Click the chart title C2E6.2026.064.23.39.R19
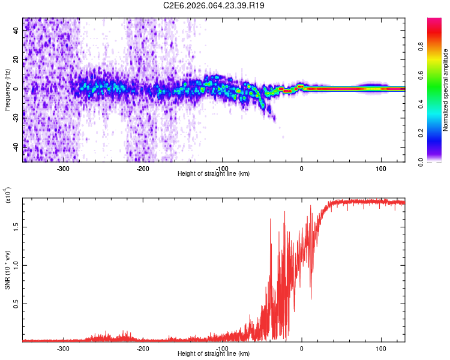(x=214, y=5)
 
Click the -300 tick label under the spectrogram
(x=64, y=169)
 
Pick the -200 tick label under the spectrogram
(x=143, y=169)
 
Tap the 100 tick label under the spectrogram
(x=380, y=169)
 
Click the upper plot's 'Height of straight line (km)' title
(x=214, y=174)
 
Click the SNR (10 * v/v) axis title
(x=7, y=269)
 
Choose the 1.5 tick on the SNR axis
(x=16, y=227)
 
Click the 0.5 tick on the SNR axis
(x=16, y=304)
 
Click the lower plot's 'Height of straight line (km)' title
(x=214, y=354)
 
